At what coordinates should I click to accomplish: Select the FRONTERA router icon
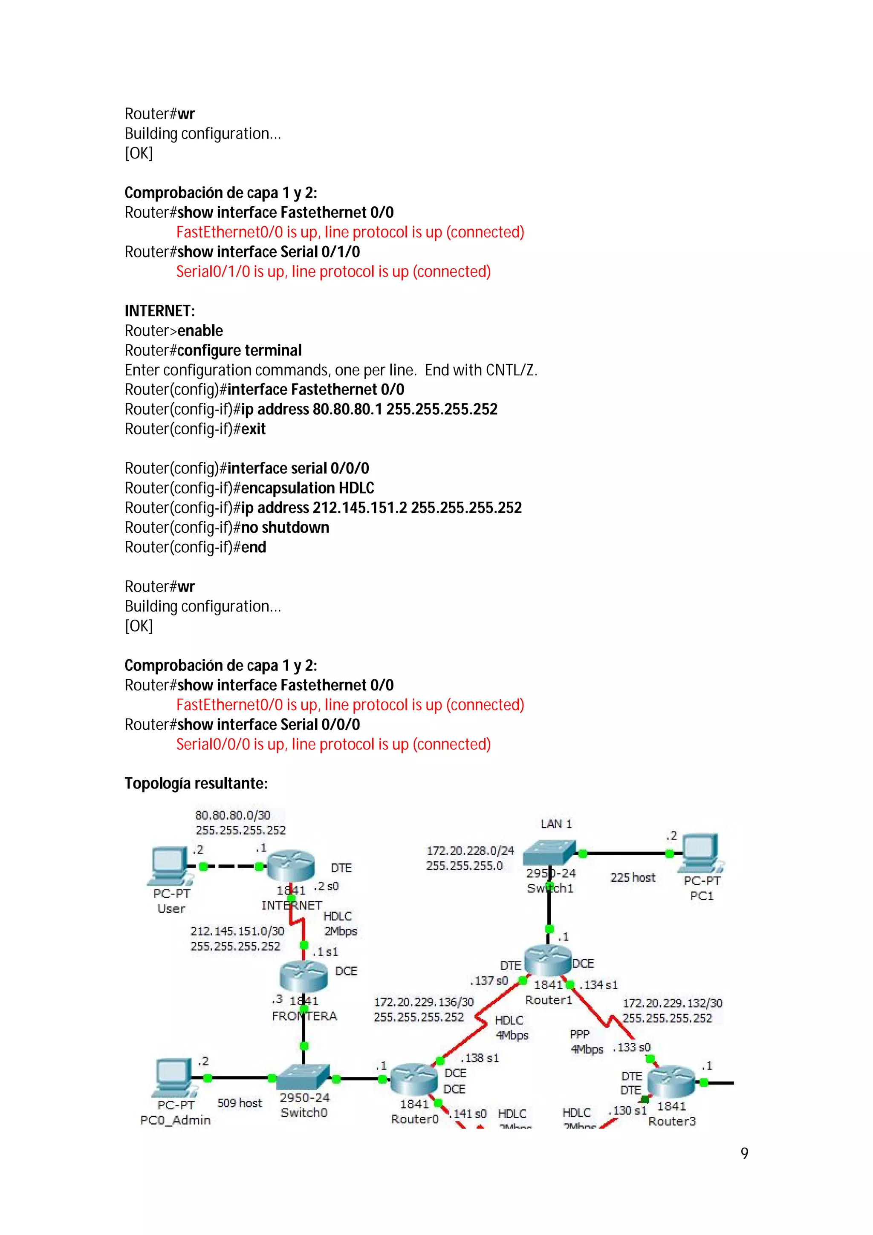pyautogui.click(x=304, y=976)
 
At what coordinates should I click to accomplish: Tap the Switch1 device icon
pyautogui.click(x=549, y=853)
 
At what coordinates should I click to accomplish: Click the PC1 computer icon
pyautogui.click(x=700, y=853)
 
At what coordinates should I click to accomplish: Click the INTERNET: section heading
pyautogui.click(x=160, y=311)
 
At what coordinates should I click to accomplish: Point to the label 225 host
pyautogui.click(x=633, y=877)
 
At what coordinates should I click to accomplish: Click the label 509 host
pyautogui.click(x=240, y=1103)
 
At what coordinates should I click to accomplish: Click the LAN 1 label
pyautogui.click(x=556, y=823)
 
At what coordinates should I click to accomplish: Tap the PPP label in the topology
pyautogui.click(x=579, y=1034)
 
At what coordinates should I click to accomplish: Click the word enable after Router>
pyautogui.click(x=200, y=331)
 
